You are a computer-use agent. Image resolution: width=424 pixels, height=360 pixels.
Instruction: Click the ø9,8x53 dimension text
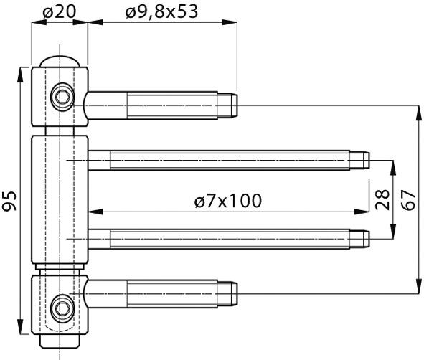pyautogui.click(x=161, y=11)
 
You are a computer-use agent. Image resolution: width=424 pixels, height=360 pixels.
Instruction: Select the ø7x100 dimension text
pyautogui.click(x=227, y=201)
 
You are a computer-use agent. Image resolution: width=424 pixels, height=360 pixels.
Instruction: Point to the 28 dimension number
pyautogui.click(x=382, y=198)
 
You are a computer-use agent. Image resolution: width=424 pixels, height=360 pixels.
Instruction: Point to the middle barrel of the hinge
pyautogui.click(x=60, y=201)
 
